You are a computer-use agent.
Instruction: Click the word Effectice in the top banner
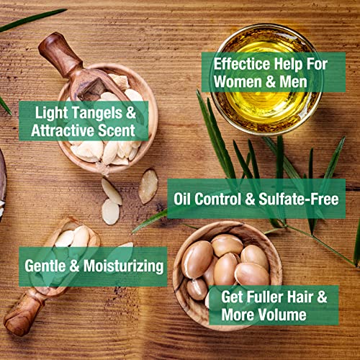(242, 64)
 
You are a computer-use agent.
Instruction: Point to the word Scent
(117, 130)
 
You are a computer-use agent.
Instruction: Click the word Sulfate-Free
(299, 199)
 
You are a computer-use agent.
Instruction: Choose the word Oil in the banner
(182, 199)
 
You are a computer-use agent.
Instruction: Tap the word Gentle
(45, 266)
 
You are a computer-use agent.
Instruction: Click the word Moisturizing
(124, 266)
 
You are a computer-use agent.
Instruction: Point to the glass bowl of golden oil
(266, 79)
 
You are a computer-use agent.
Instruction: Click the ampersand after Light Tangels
(131, 113)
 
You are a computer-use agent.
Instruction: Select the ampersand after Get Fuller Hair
(323, 297)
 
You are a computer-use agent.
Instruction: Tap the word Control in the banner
(218, 199)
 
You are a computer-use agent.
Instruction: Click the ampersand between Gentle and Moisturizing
(74, 266)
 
